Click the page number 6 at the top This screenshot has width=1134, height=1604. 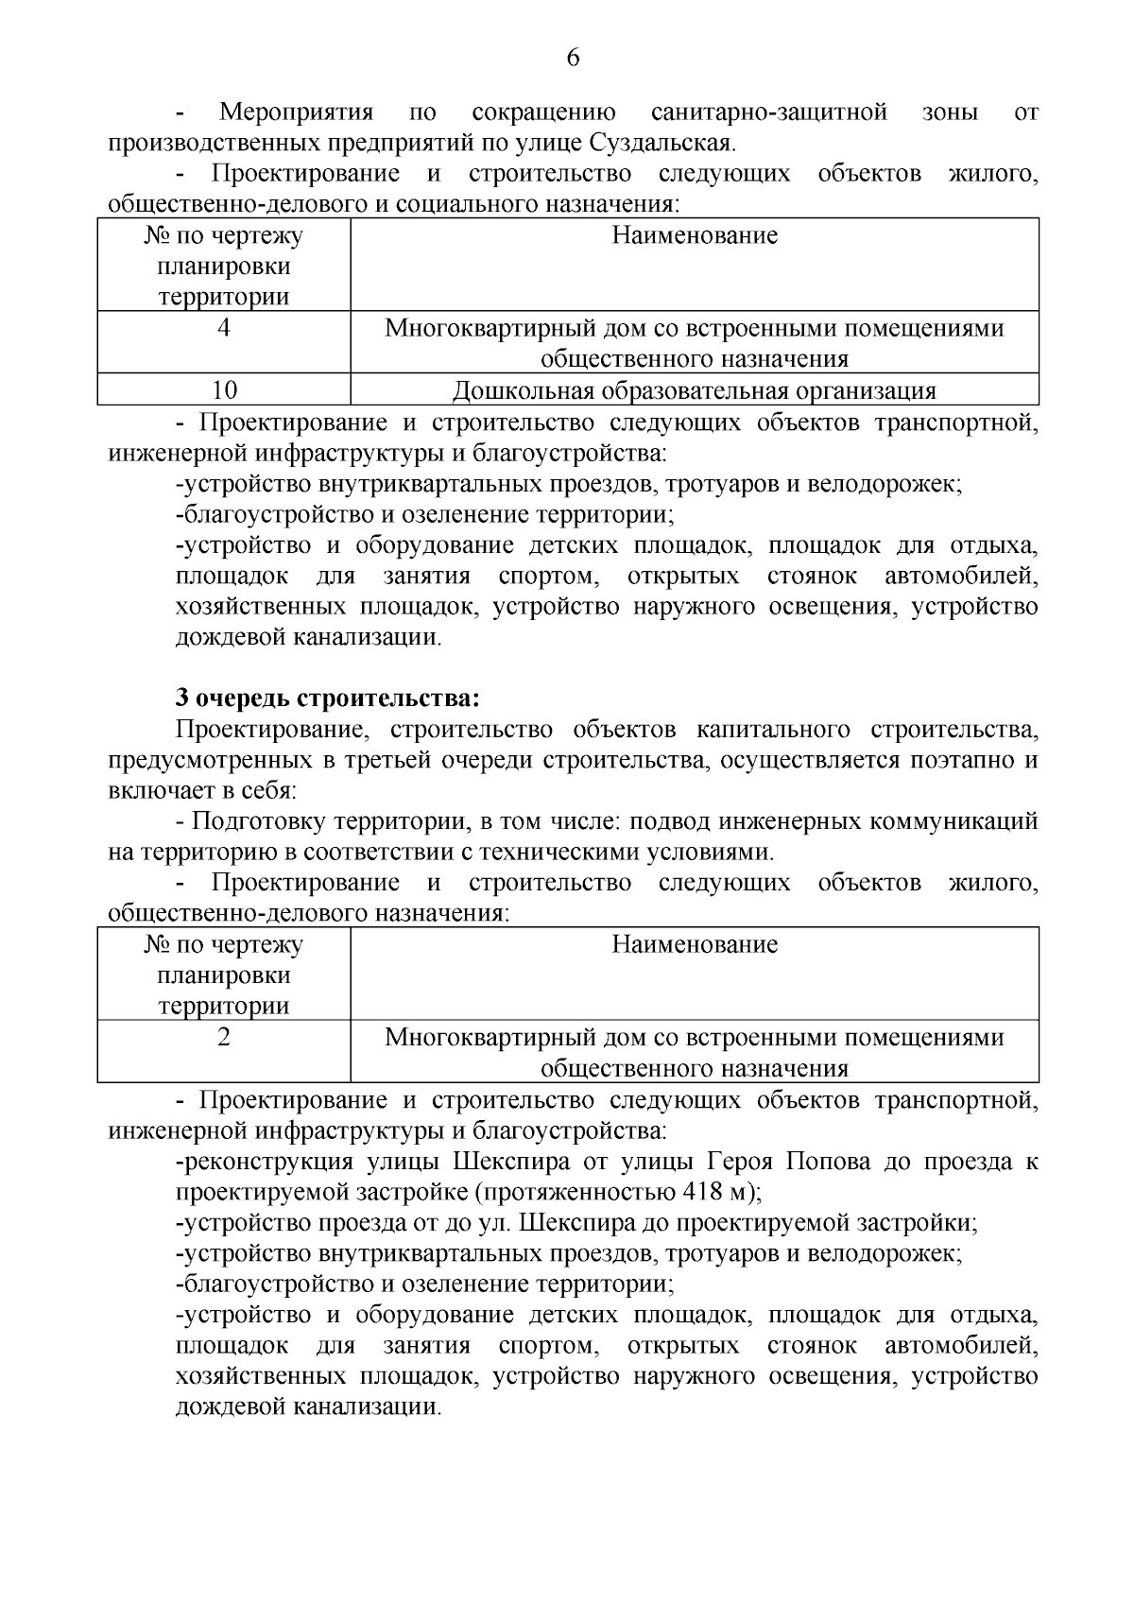point(573,59)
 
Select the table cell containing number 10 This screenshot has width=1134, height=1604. point(224,390)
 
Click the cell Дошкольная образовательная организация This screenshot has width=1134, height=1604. point(694,390)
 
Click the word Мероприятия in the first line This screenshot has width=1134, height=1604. point(297,113)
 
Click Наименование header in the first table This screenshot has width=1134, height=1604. point(694,235)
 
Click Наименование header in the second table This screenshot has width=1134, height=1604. point(694,944)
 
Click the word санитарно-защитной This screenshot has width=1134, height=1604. point(769,113)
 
